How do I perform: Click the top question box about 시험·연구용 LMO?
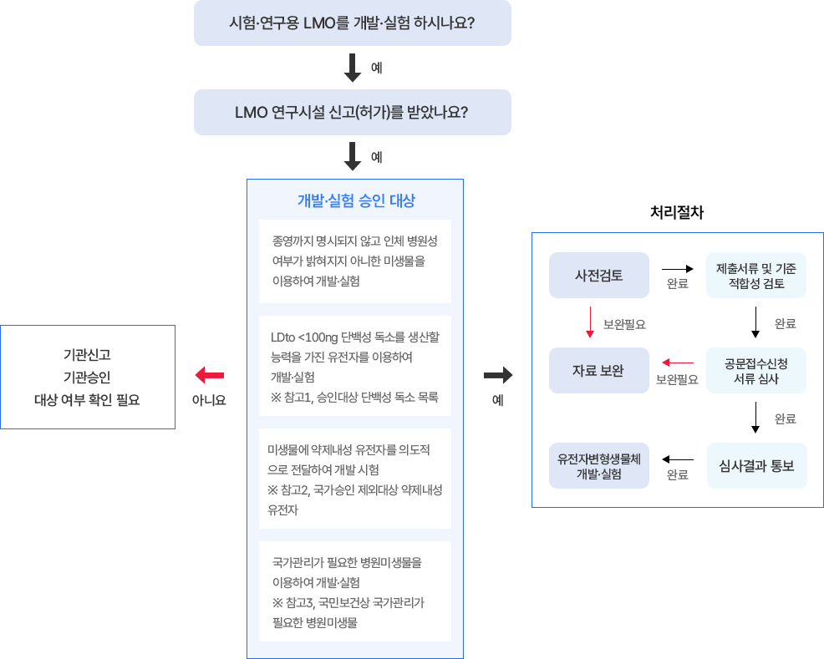click(x=352, y=23)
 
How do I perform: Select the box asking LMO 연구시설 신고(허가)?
click(x=352, y=112)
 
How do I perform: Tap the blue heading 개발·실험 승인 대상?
click(x=355, y=200)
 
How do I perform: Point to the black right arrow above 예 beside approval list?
click(x=498, y=375)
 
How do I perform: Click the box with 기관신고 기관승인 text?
click(x=87, y=377)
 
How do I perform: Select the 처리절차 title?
click(x=677, y=213)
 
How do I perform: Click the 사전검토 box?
click(x=598, y=275)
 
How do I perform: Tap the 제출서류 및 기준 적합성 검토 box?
click(x=756, y=275)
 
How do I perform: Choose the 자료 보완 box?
click(x=598, y=370)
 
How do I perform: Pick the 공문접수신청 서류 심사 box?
click(x=756, y=370)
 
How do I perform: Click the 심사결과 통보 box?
click(x=756, y=465)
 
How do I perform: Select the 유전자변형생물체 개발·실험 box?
click(x=598, y=465)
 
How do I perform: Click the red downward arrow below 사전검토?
click(x=590, y=322)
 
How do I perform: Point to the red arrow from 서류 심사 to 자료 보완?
click(x=678, y=362)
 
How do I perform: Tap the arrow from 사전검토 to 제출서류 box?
click(x=678, y=269)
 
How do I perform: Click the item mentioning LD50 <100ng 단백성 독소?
click(x=355, y=366)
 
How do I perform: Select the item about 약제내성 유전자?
click(x=355, y=479)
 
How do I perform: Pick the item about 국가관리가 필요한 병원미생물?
click(x=355, y=591)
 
